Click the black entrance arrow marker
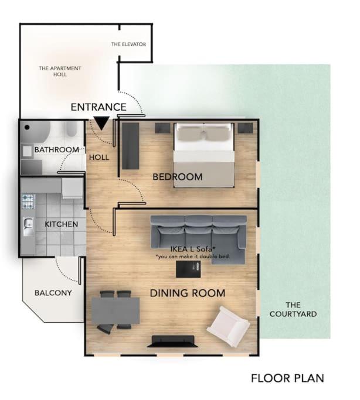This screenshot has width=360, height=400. coord(101,123)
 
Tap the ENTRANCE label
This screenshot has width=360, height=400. coord(99,107)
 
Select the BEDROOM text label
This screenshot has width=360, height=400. coord(178,177)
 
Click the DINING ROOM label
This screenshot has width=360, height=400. coord(188,293)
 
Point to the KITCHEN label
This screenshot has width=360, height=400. coord(62,224)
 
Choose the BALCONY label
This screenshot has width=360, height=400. coord(53,293)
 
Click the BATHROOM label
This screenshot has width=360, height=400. coord(57,149)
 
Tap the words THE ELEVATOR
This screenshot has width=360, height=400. coord(128,44)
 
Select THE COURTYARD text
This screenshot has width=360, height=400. coord(293,309)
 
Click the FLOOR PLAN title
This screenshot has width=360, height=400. coord(287,378)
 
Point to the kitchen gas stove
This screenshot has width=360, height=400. coord(28,201)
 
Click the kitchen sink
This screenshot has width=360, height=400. coord(28,227)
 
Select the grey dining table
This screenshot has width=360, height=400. coord(116,310)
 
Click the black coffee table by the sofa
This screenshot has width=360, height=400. coord(188,269)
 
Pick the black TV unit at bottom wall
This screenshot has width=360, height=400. coord(173,341)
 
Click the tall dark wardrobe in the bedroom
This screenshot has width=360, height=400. coord(131,146)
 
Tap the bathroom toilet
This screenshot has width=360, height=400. coord(72,129)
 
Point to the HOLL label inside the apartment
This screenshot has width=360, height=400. coord(99,158)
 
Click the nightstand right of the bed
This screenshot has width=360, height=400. coord(245,128)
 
